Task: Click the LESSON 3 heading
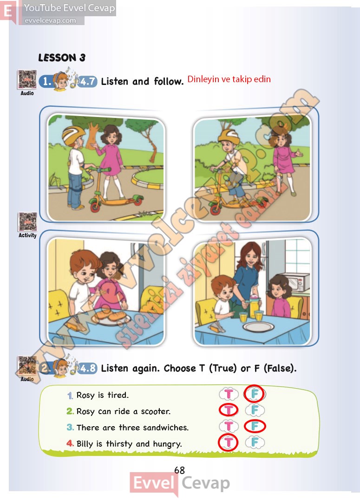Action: pos(62,58)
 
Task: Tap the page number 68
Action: pos(179,470)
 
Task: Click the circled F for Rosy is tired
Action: pos(255,394)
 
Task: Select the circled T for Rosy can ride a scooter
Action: pos(229,410)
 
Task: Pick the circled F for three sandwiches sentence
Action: pos(255,426)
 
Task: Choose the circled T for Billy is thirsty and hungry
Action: pos(228,442)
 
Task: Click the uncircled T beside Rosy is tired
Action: pos(229,394)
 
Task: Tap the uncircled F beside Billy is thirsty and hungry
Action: pos(255,442)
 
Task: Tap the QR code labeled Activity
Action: pos(27,221)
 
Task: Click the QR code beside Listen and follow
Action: pos(27,79)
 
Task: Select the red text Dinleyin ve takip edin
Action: pos(229,79)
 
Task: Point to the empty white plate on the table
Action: pos(258,327)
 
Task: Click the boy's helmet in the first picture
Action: pos(73,134)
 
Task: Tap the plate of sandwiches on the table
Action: pos(111,317)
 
